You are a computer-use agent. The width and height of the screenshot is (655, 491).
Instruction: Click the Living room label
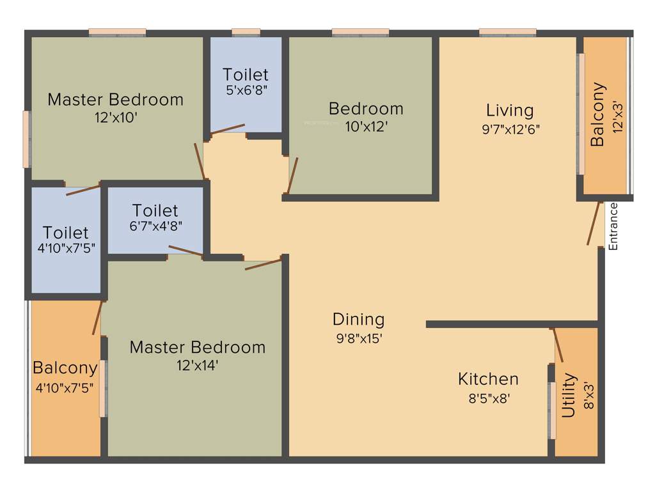(509, 110)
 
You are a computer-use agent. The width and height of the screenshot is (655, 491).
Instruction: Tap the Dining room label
(358, 319)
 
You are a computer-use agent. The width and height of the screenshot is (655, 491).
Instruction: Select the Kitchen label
(488, 378)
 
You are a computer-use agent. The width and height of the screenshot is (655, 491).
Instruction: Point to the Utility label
(568, 396)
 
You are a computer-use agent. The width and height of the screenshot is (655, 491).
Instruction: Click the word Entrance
(613, 226)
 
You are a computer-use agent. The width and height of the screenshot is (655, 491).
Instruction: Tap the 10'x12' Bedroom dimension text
(367, 127)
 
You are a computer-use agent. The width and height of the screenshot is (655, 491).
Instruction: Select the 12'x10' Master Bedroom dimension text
(115, 117)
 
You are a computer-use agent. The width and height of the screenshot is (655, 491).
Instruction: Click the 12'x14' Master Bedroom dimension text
(197, 365)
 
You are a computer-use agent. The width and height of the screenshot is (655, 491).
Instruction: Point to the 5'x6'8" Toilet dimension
(246, 90)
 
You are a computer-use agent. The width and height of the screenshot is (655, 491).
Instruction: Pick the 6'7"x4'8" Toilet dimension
(155, 226)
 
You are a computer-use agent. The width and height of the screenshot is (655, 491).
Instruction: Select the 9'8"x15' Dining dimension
(359, 338)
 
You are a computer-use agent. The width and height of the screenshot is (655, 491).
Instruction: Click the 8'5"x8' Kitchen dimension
(489, 398)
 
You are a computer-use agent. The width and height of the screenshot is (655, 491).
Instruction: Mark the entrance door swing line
(594, 223)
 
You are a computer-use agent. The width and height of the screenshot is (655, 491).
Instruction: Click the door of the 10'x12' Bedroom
(292, 175)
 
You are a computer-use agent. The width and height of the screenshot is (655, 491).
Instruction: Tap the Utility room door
(558, 345)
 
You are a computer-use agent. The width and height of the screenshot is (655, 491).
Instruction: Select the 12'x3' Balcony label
(597, 114)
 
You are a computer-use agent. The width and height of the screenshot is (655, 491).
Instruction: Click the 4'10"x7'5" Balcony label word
(65, 368)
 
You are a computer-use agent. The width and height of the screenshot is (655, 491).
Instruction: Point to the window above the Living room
(507, 31)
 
